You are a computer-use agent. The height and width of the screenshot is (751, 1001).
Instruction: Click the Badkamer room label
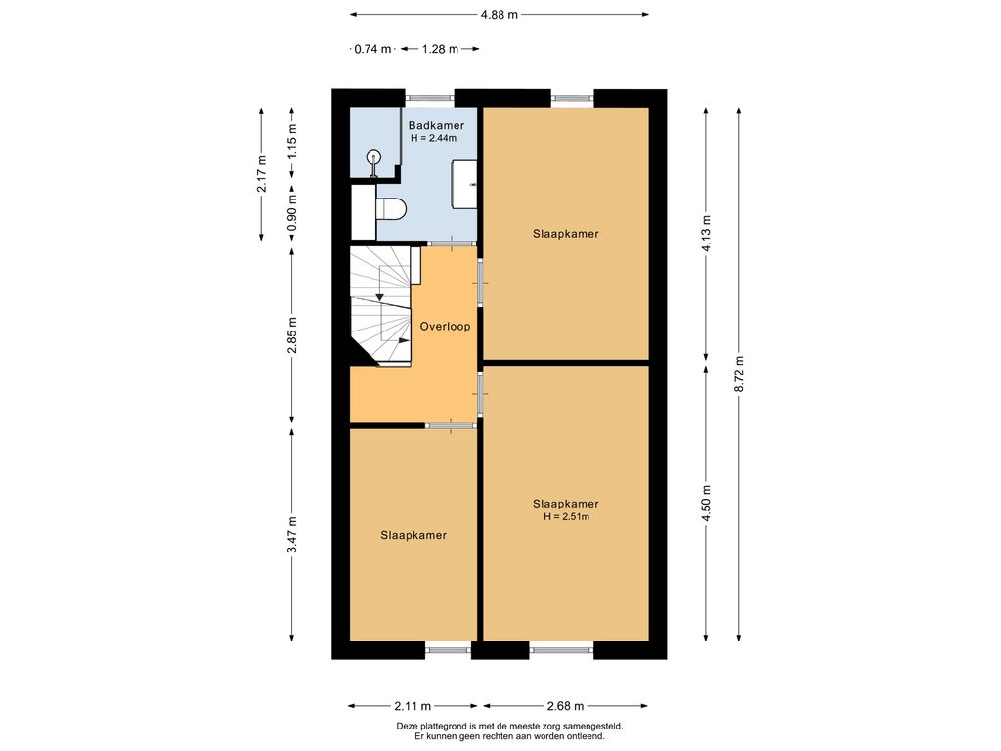[436, 126]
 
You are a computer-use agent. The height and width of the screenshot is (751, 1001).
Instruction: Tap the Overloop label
[445, 327]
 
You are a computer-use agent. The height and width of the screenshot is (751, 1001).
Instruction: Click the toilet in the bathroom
[391, 209]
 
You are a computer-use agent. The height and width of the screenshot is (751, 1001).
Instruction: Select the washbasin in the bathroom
[464, 185]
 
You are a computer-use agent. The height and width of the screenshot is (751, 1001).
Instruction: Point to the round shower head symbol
[373, 155]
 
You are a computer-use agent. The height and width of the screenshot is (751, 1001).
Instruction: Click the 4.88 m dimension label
[500, 14]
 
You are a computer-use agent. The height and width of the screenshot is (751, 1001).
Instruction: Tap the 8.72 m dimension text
[739, 374]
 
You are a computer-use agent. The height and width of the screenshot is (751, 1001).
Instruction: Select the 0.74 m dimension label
[372, 49]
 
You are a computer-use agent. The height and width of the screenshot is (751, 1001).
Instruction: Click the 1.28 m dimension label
[441, 49]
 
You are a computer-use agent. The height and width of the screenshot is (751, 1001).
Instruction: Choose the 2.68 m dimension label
[566, 706]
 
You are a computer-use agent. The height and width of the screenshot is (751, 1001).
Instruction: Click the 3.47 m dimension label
[292, 535]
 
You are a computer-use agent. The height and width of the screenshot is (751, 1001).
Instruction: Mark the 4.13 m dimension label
[706, 233]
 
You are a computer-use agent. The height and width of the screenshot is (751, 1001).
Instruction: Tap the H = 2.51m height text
[566, 516]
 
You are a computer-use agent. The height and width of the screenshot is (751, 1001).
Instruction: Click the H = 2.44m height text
[433, 137]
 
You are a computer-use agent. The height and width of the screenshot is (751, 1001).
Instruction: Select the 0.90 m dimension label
[292, 214]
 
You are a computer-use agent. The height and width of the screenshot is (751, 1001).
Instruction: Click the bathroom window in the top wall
[430, 98]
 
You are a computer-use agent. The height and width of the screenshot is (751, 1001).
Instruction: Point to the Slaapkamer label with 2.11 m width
[413, 535]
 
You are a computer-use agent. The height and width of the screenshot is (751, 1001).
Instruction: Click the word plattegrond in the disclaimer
[442, 727]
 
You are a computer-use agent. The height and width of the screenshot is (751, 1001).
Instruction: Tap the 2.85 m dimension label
[292, 335]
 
